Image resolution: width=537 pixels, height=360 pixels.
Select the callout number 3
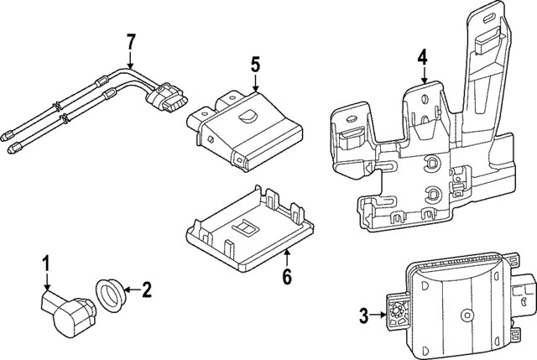363,316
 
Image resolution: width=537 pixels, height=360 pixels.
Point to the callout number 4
423,57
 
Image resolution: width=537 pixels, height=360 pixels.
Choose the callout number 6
286,277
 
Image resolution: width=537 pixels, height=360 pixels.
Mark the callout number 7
130,40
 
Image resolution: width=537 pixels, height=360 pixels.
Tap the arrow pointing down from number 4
424,75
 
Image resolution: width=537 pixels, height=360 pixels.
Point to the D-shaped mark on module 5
249,116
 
